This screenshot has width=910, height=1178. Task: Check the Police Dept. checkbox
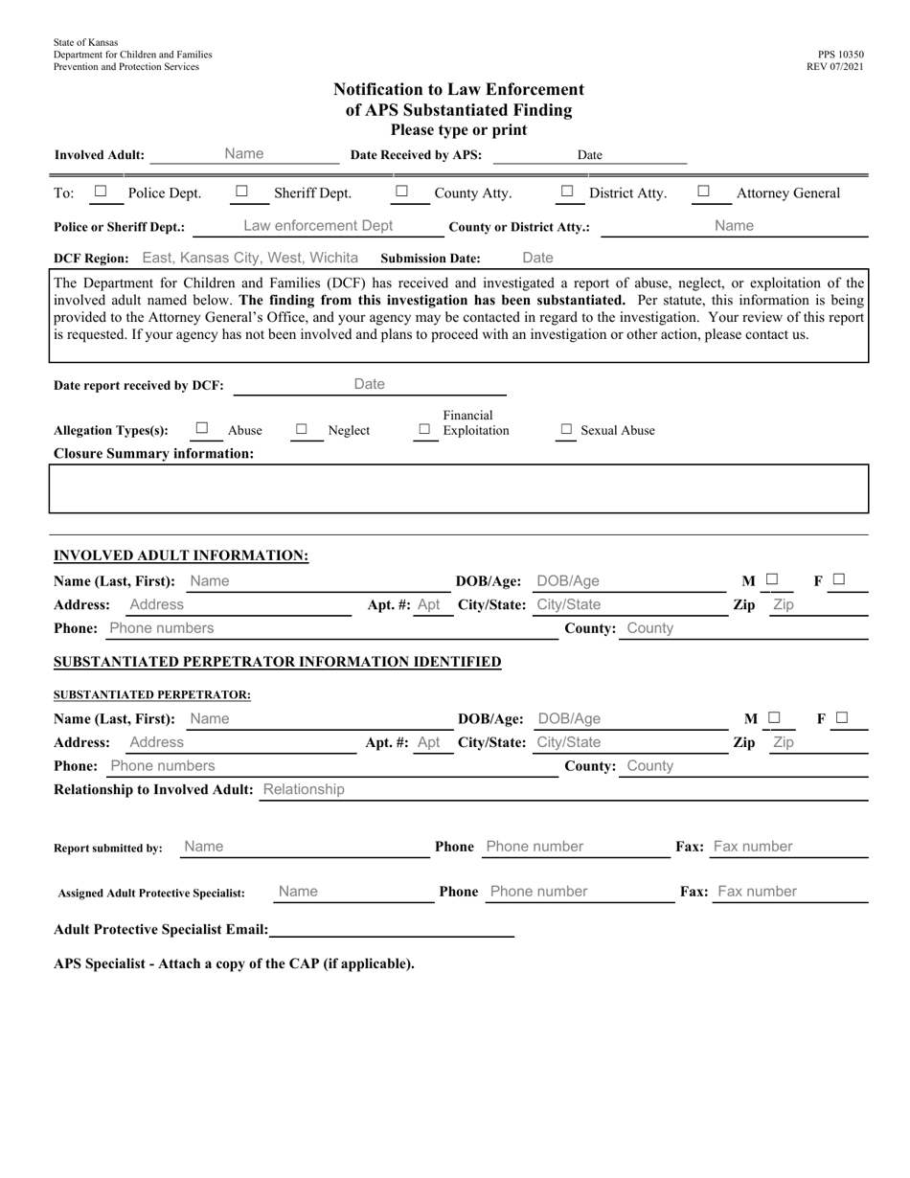click(x=101, y=192)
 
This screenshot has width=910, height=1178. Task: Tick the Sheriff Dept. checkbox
click(x=241, y=192)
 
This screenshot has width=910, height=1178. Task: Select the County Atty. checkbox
click(x=401, y=192)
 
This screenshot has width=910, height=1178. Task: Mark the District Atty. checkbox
click(x=567, y=192)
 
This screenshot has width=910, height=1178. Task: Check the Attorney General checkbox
click(x=703, y=192)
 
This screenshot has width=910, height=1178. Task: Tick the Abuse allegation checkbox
click(x=202, y=429)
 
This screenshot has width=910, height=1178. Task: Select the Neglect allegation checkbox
click(x=302, y=430)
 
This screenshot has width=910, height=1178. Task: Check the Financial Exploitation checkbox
click(x=424, y=430)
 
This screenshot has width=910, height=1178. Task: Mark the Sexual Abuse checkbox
click(x=565, y=430)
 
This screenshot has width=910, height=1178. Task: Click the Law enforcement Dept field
click(x=318, y=226)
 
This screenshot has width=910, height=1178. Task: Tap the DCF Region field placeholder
click(x=250, y=258)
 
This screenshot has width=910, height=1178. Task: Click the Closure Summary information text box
click(x=459, y=488)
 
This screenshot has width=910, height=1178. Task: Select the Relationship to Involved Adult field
click(x=303, y=790)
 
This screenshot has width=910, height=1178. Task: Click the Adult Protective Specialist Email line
click(x=393, y=929)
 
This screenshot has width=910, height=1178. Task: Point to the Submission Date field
click(x=537, y=258)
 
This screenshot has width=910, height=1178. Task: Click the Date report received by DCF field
click(x=370, y=384)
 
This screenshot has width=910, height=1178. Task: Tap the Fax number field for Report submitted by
click(x=753, y=847)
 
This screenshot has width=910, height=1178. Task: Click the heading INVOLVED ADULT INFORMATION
click(x=181, y=555)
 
